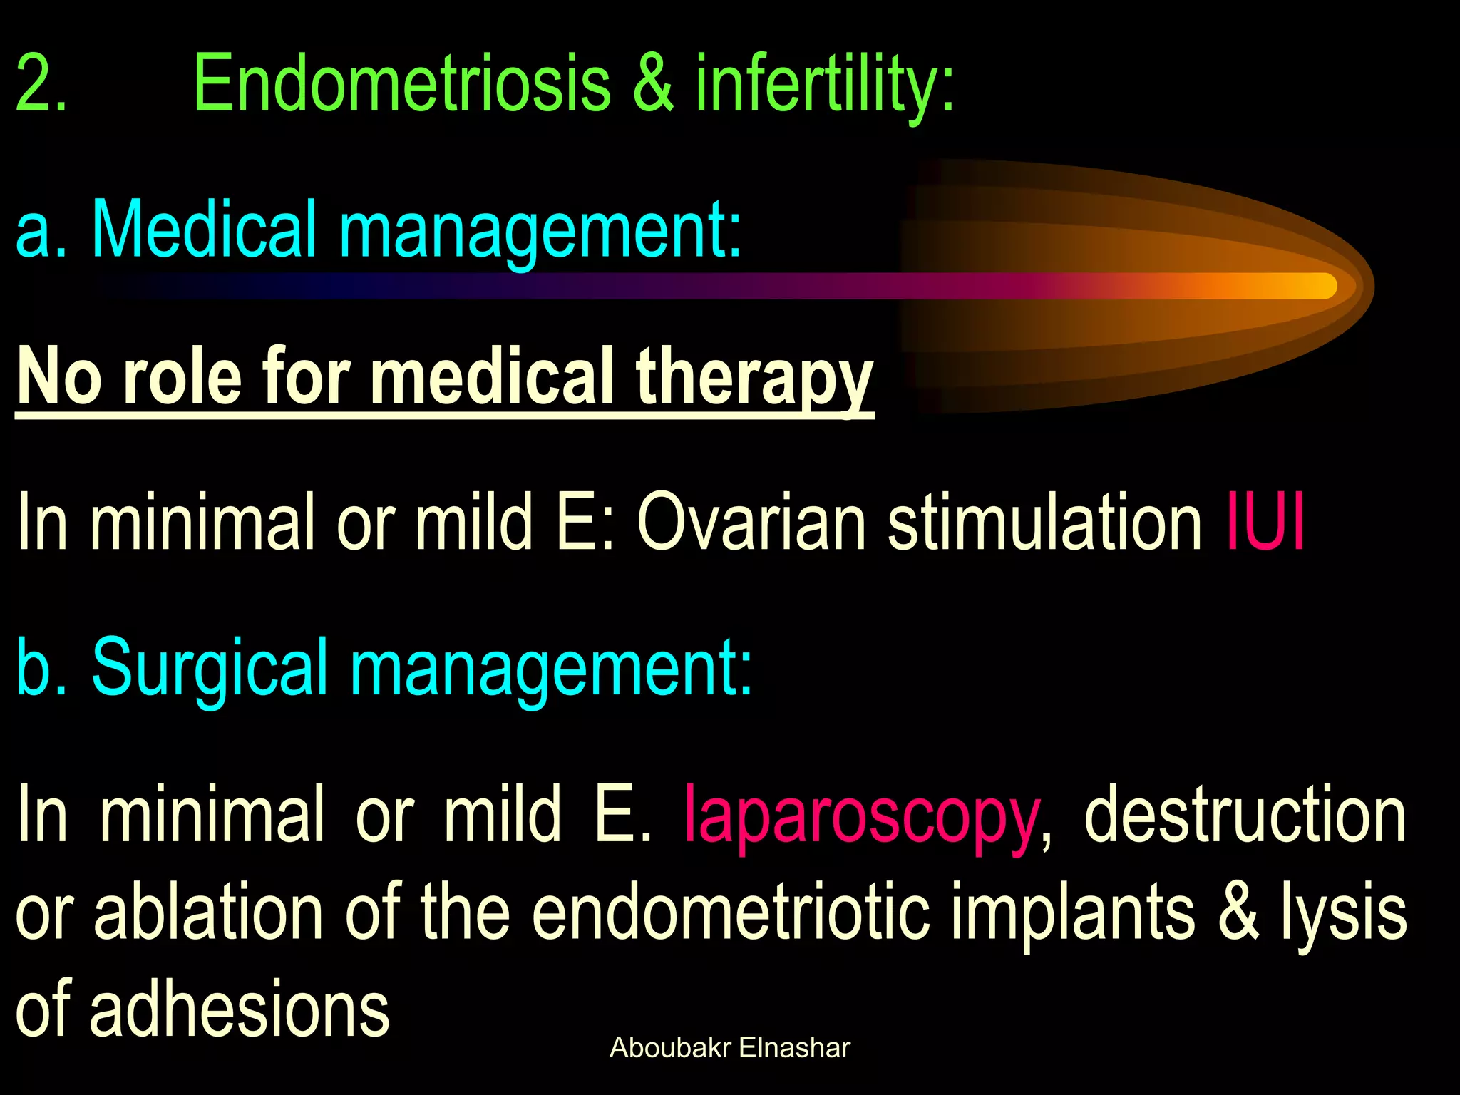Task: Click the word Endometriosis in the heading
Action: [401, 84]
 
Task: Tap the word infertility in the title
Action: [825, 84]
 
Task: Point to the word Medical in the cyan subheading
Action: [204, 230]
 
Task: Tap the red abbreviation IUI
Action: [1265, 522]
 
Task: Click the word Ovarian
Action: [752, 522]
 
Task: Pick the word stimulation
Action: [1045, 522]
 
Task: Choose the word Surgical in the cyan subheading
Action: [210, 667]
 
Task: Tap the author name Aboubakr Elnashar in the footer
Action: [730, 1048]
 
